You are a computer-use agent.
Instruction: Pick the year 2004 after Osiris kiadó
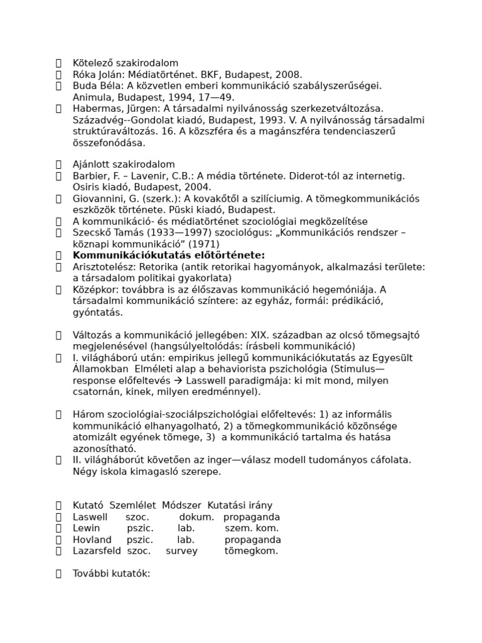[200, 187]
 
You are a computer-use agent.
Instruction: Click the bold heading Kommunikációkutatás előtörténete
[169, 255]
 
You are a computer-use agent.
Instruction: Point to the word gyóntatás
[98, 312]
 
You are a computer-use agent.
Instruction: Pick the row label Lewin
[86, 528]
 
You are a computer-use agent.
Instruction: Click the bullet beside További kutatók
[58, 573]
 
